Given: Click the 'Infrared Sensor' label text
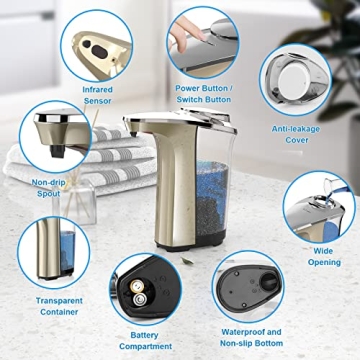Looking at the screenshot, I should [x=97, y=95].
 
